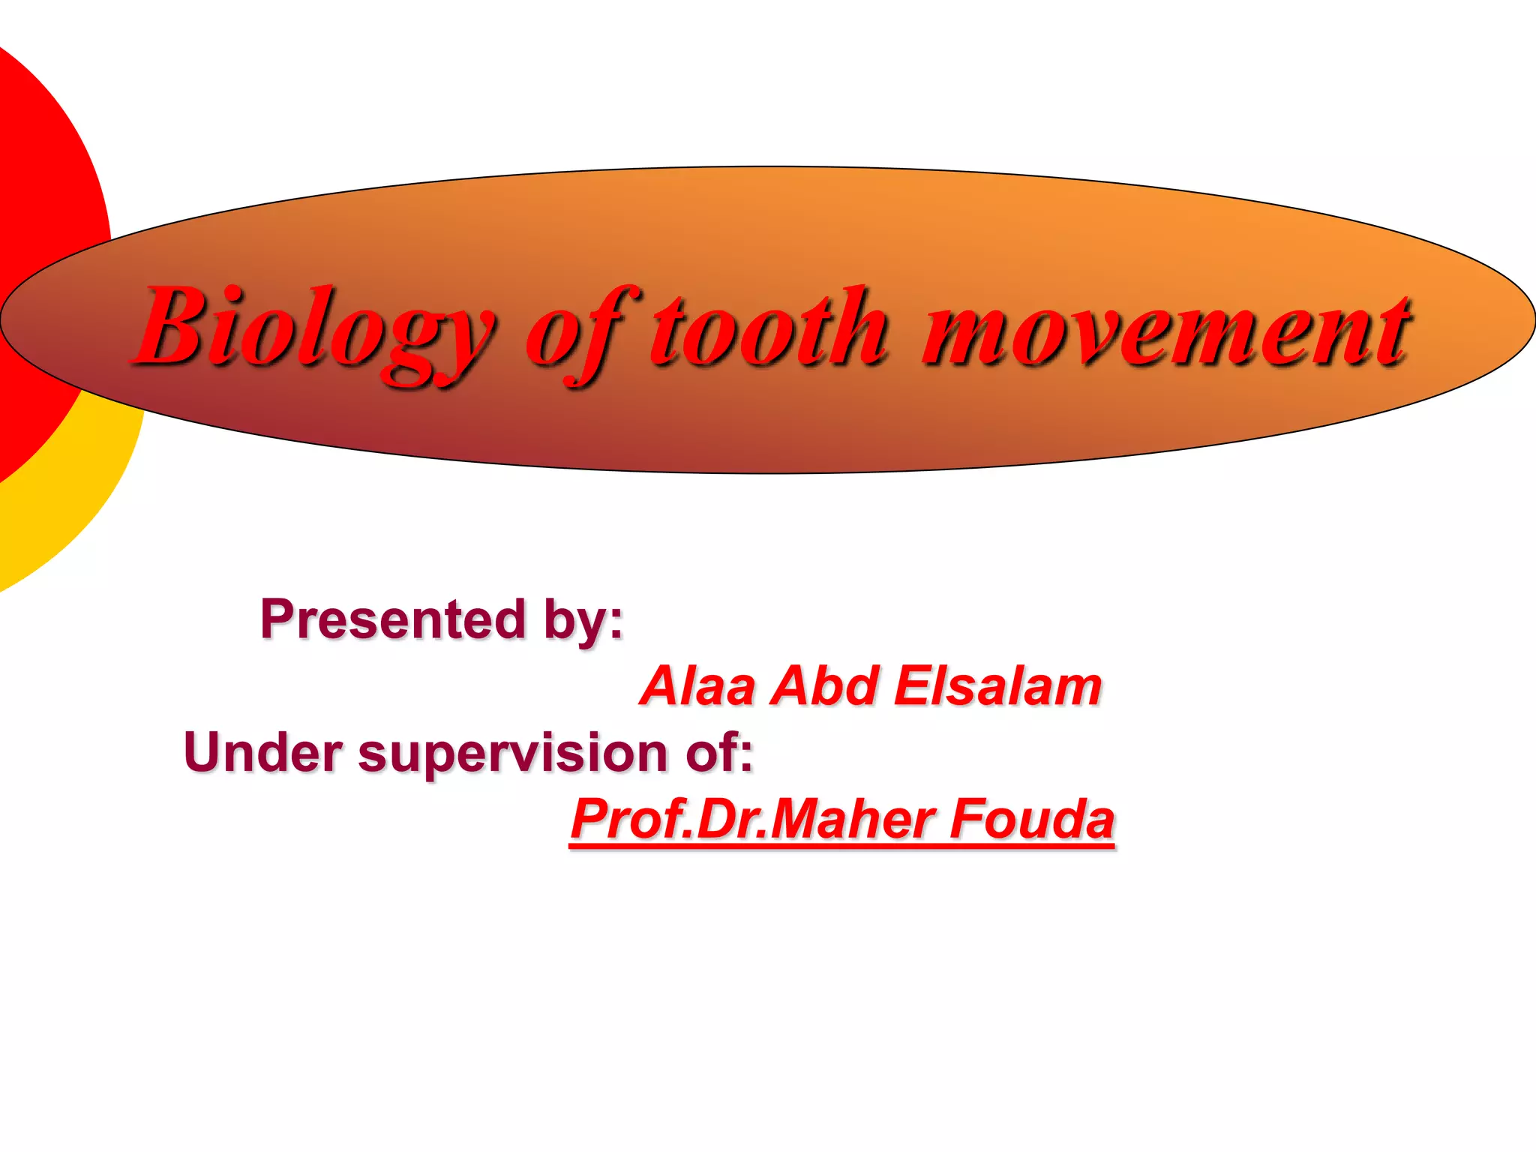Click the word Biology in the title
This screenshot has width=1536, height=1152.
tap(315, 330)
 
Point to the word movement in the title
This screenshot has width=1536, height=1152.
tap(1166, 330)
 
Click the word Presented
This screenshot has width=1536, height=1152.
tap(393, 619)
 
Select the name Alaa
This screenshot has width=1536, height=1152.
tap(698, 686)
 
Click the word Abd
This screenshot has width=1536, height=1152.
tap(824, 686)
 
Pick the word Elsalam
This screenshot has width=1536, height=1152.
tap(997, 686)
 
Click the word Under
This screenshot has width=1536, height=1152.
tap(263, 752)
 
